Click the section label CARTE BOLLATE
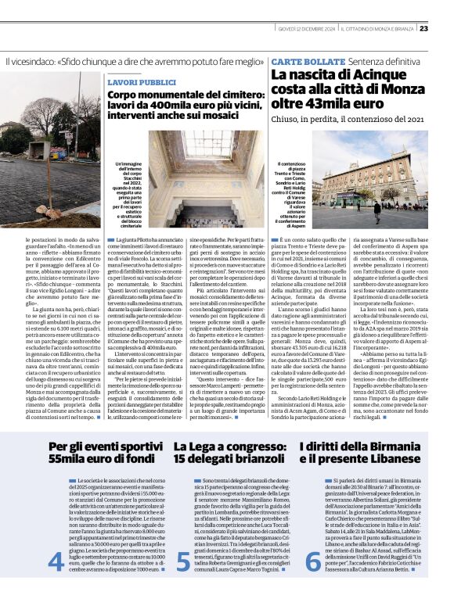click(301, 60)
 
